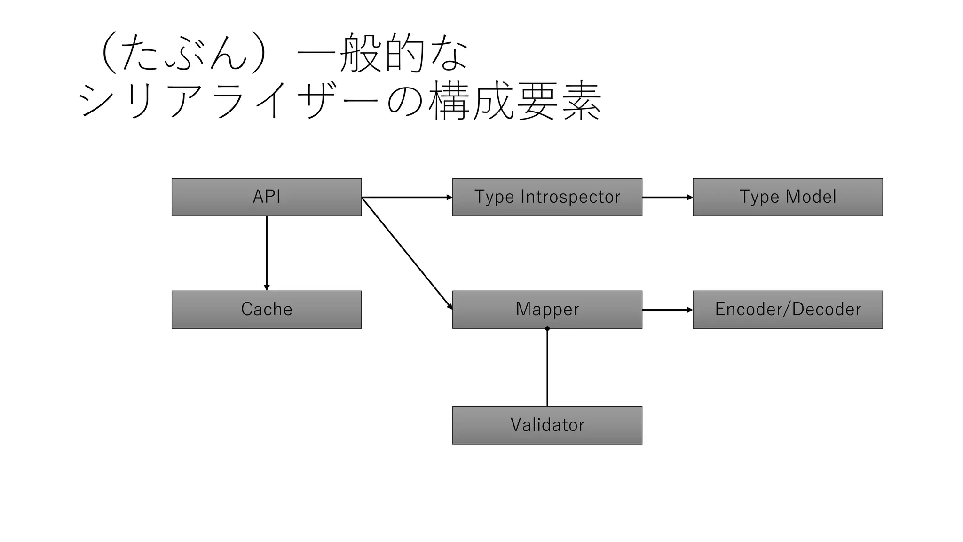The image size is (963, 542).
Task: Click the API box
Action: [x=266, y=197]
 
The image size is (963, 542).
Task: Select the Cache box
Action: [x=266, y=310]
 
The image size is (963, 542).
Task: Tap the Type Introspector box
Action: [x=547, y=197]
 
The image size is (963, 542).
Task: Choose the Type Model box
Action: [x=788, y=197]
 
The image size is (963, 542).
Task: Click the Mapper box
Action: [x=547, y=310]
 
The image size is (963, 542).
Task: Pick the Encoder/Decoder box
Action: [x=788, y=310]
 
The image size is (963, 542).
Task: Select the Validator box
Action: [x=547, y=425]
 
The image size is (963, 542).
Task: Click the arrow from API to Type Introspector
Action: [x=407, y=198]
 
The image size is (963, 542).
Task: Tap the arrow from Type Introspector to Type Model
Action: [x=667, y=198]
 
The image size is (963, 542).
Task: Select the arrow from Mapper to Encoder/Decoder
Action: [x=667, y=310]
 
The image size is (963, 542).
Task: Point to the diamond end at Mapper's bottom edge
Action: [x=547, y=329]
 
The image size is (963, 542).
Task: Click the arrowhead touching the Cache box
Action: [x=267, y=287]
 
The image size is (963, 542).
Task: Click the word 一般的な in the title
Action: [x=382, y=53]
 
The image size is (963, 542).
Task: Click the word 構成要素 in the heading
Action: [x=515, y=100]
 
